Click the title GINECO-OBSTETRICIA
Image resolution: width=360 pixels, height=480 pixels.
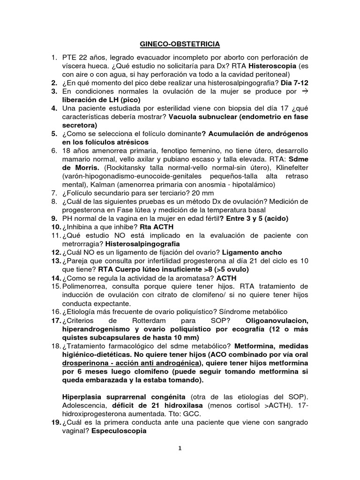(180, 44)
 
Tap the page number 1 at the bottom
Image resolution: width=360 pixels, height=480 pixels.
(180, 448)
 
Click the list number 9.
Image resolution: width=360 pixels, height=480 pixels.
(53, 218)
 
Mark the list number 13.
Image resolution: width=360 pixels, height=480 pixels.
(55, 260)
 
